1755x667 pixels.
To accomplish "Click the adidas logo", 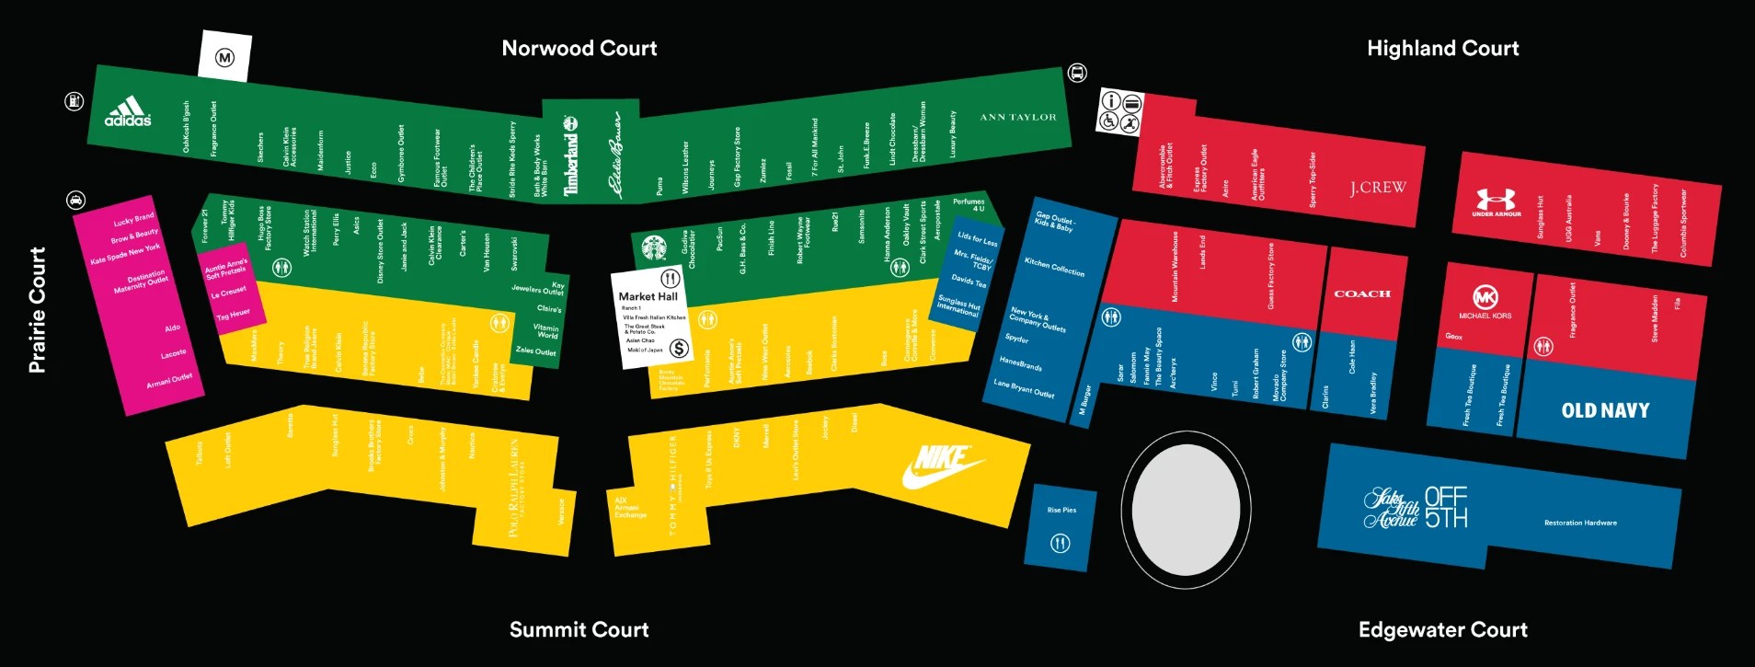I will (127, 110).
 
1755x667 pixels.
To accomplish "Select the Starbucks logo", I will (654, 247).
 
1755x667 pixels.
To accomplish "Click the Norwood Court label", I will (579, 48).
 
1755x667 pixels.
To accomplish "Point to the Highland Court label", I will (1442, 48).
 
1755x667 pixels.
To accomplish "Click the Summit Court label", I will (579, 629).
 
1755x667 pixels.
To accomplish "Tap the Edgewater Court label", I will (1442, 629).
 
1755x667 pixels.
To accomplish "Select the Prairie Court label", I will (37, 309).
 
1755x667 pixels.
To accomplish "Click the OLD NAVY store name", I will (1605, 410).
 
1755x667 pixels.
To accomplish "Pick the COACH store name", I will (1362, 293).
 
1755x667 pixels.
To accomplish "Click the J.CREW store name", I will (1378, 188).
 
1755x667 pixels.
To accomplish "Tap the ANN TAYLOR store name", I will (1017, 117).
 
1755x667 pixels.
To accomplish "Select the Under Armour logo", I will (1496, 201).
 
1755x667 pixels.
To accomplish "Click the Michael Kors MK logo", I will (1485, 297).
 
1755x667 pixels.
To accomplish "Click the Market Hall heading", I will (648, 296).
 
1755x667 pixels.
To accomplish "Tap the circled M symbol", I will (224, 58).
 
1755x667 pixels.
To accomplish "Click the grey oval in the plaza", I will (1185, 509).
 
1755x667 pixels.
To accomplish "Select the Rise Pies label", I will (1061, 510).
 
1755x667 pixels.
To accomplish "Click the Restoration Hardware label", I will (1580, 523).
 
